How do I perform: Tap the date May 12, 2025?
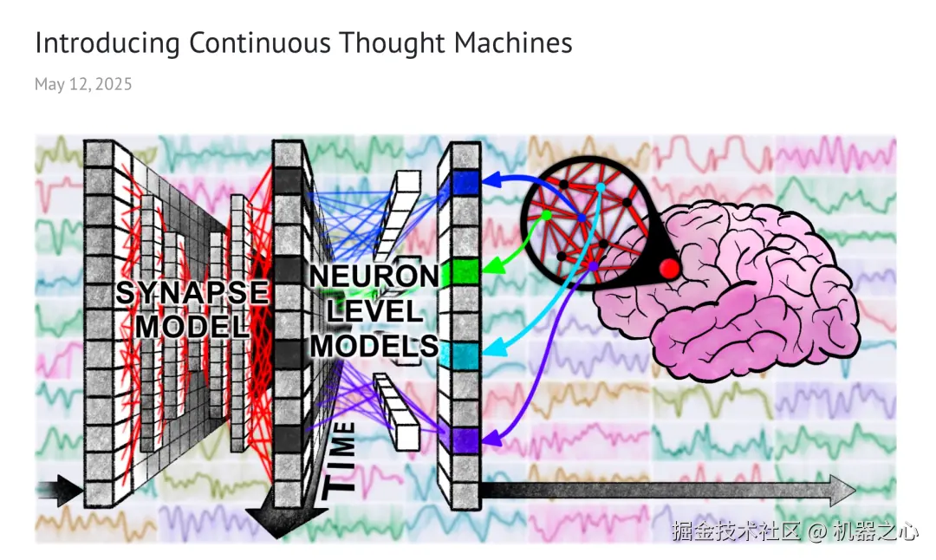(83, 84)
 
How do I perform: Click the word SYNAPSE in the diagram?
(192, 293)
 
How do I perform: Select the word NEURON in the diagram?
(374, 277)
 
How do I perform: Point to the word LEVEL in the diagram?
(374, 310)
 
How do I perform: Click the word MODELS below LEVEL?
(374, 345)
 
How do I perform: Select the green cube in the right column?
(465, 271)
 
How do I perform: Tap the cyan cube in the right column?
(465, 355)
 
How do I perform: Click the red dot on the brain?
(668, 269)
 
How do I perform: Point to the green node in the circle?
(547, 215)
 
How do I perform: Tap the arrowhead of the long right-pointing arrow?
(842, 490)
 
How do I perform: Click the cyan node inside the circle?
(600, 187)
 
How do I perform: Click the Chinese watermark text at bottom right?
(794, 531)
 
